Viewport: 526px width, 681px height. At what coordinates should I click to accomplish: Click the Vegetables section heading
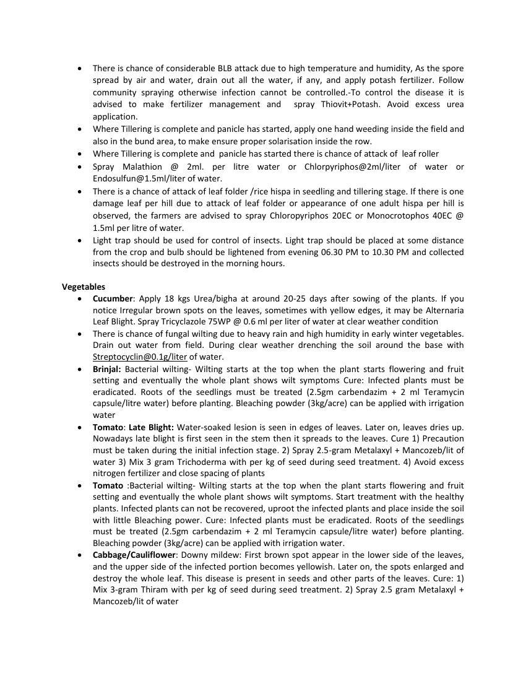(84, 287)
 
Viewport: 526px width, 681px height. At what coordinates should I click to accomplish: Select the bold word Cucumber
(113, 298)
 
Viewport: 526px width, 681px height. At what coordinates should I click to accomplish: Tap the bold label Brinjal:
(107, 368)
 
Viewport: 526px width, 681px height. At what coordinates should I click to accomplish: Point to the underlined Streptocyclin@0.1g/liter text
(140, 357)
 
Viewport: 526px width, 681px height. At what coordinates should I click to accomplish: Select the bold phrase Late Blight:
(151, 427)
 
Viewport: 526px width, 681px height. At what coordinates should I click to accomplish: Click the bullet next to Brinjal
(80, 369)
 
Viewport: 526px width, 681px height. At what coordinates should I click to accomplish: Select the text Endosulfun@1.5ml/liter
(139, 178)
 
